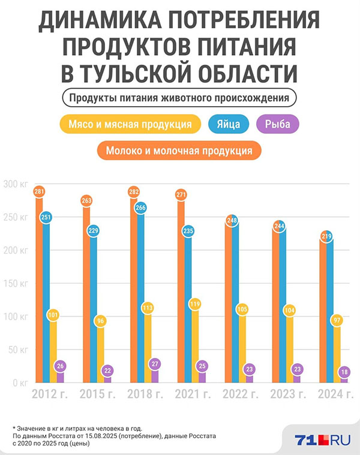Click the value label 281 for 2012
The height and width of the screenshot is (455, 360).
tap(39, 192)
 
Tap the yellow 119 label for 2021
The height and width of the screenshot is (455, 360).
tap(196, 304)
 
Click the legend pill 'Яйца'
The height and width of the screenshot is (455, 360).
tap(226, 125)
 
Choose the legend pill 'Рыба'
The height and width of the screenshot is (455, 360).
tap(277, 125)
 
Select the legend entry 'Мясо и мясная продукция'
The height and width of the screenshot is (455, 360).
tap(130, 125)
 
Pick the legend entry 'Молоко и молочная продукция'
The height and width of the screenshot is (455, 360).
tap(178, 150)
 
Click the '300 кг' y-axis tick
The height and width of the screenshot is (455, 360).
tap(14, 185)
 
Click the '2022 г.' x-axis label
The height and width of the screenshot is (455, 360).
tap(241, 394)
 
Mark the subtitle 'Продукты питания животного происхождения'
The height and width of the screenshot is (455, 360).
tap(179, 97)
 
